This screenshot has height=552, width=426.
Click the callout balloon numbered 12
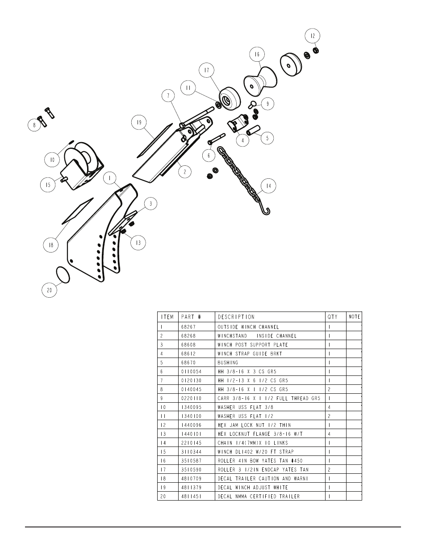click(312, 36)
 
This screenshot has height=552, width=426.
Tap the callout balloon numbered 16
click(257, 55)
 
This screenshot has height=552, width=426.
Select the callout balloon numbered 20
click(50, 290)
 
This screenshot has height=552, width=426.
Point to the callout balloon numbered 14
click(268, 185)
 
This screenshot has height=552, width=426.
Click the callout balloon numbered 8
click(34, 125)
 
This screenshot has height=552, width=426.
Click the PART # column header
click(191, 316)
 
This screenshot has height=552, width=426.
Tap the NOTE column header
click(354, 316)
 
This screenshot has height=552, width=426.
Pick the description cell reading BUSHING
click(228, 362)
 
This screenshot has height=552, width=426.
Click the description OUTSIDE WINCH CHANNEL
click(248, 327)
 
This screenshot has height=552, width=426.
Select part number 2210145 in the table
click(191, 442)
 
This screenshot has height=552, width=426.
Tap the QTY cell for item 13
click(329, 434)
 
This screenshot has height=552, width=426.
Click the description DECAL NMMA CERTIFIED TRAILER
click(259, 496)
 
